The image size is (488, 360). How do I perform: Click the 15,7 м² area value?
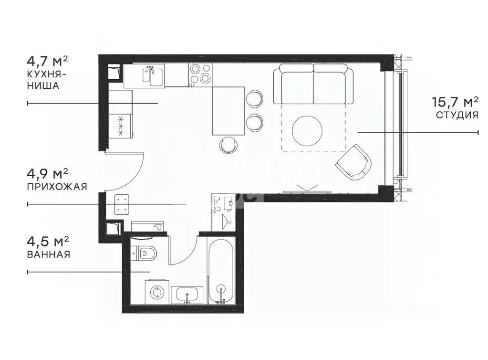tap(455, 102)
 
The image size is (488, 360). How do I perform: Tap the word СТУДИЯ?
tap(457, 115)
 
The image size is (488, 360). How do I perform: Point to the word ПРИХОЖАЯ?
tap(57, 187)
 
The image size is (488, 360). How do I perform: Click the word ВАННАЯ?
tap(48, 254)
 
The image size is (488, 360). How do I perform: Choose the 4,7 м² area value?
tap(48, 62)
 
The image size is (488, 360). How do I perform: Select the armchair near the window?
tap(353, 162)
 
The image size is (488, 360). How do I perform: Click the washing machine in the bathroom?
tap(156, 291)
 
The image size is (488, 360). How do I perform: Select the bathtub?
tap(220, 270)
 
